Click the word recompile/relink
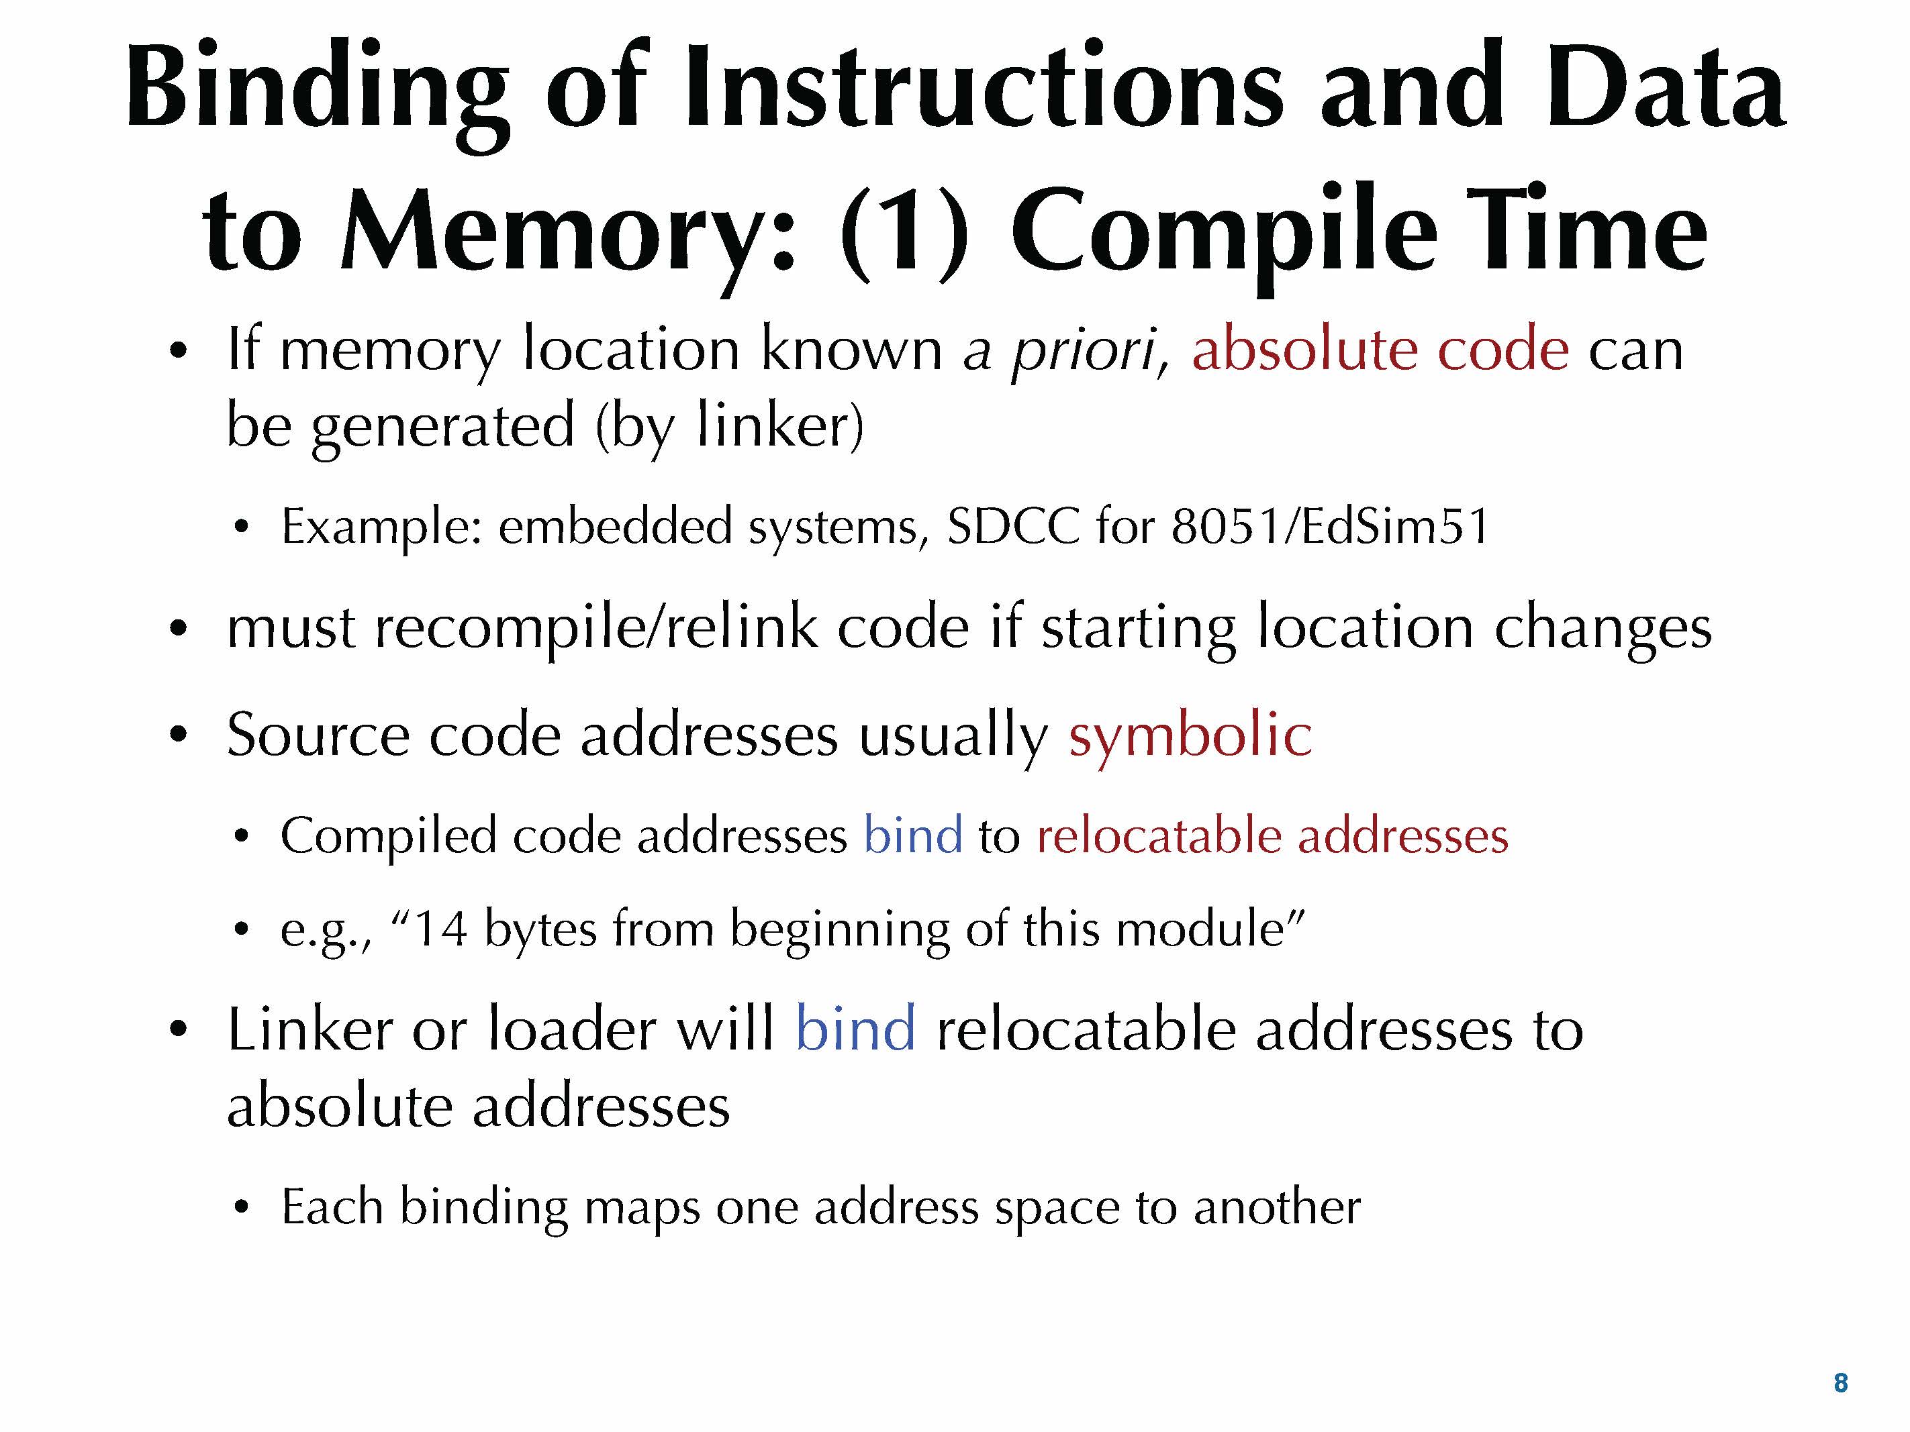coord(595,627)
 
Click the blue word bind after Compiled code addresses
coord(912,835)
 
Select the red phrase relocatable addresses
coord(1272,835)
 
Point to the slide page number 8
coord(1840,1383)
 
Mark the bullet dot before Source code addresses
coord(178,735)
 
